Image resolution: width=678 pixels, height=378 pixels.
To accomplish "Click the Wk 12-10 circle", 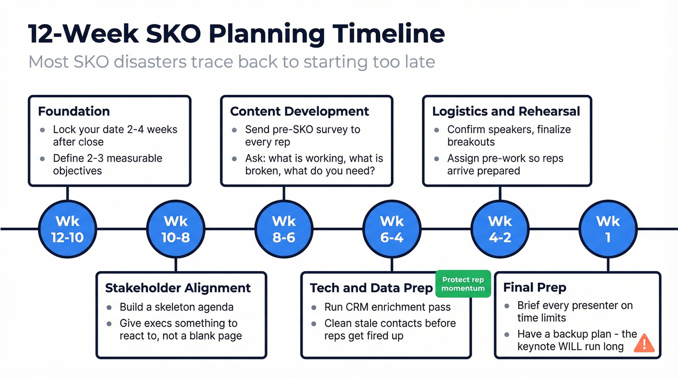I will tap(67, 229).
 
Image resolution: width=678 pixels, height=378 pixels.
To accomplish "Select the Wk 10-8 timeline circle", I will tap(176, 229).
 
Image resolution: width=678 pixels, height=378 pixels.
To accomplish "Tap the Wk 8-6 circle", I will tap(284, 229).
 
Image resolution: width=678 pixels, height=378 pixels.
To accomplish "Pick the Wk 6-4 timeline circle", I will tap(392, 229).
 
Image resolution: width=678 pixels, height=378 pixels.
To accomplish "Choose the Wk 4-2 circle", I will tap(500, 229).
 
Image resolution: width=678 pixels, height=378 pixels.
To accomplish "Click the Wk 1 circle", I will tap(608, 229).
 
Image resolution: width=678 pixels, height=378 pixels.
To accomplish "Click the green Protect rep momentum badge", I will tap(463, 284).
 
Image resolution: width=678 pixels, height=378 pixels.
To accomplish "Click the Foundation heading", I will tap(74, 111).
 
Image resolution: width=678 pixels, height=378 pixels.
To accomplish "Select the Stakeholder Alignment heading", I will tap(178, 288).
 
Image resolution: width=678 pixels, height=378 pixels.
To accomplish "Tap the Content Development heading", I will tap(299, 111).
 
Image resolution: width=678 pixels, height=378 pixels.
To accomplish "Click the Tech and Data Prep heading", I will tap(371, 288).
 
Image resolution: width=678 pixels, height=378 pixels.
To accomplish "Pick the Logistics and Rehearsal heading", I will tap(506, 111).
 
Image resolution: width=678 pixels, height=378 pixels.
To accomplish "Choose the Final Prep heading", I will tap(535, 287).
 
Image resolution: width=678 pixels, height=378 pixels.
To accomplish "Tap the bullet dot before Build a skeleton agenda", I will tap(109, 307).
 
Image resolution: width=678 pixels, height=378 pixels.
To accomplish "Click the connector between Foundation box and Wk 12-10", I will tap(67, 193).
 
